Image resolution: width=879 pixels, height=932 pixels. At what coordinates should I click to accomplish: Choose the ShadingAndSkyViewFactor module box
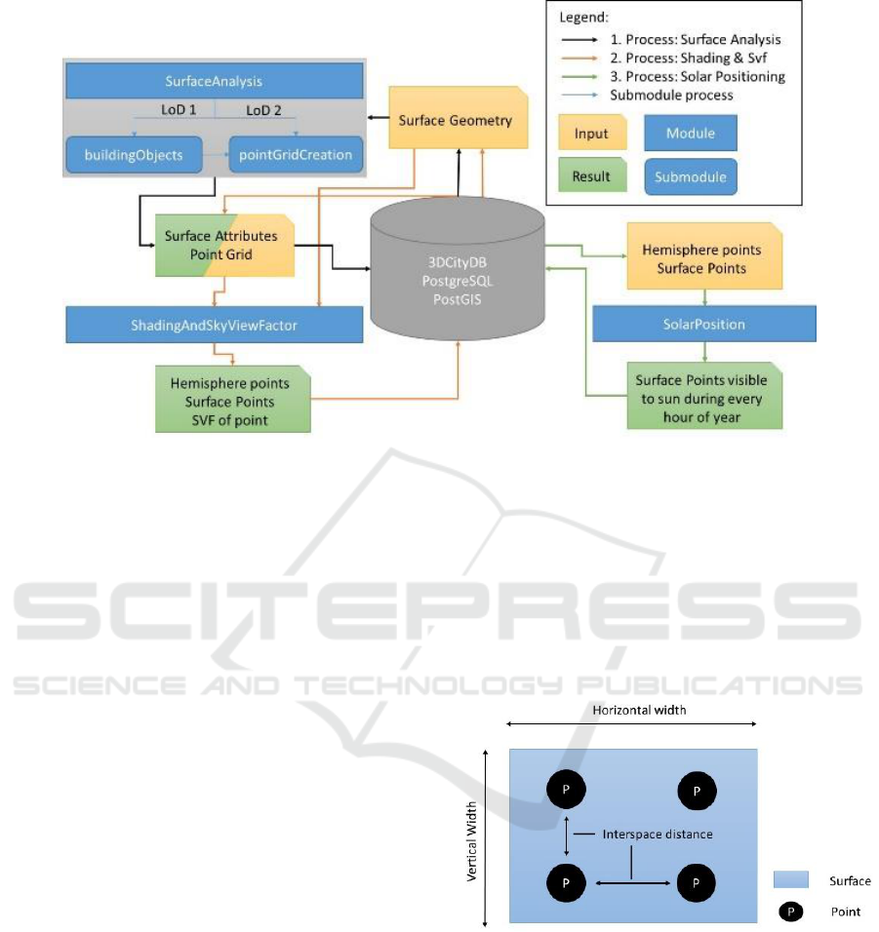(215, 326)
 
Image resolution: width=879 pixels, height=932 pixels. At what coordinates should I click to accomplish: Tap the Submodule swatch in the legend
(691, 177)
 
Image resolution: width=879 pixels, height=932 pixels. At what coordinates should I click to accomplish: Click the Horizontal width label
(639, 711)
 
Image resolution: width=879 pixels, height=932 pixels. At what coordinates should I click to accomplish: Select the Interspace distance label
(658, 835)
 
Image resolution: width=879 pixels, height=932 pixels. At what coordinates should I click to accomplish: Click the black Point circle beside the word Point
(791, 912)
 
